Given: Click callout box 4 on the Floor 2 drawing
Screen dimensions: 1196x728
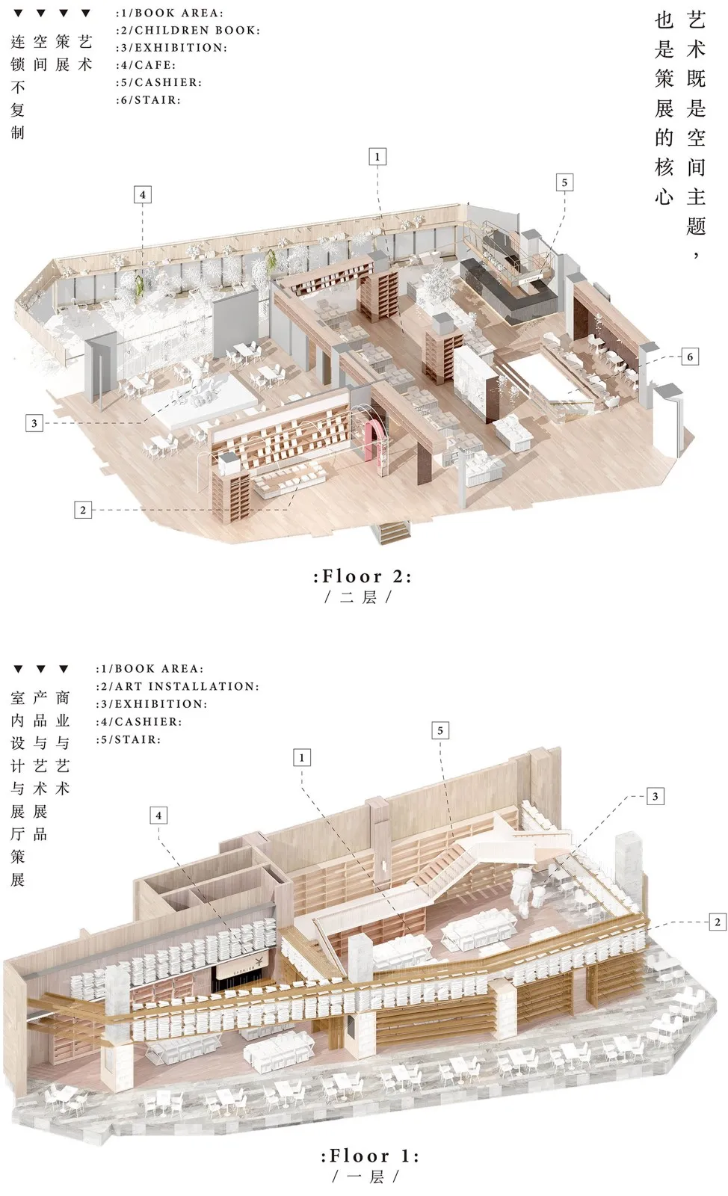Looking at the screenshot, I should [142, 195].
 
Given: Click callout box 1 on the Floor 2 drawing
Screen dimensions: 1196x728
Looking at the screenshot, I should [377, 157].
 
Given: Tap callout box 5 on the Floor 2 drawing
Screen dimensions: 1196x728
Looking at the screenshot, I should [564, 182].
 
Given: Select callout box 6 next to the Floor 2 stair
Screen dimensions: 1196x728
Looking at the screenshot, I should [690, 357].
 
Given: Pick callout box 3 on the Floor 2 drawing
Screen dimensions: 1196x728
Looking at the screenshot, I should [34, 423].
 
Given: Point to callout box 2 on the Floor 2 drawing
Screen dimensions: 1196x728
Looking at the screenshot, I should [83, 510].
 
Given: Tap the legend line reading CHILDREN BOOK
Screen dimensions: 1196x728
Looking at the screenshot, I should [188, 31].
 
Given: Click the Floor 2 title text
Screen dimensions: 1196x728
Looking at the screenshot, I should [363, 576].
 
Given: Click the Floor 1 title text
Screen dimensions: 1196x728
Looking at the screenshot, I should [370, 1156].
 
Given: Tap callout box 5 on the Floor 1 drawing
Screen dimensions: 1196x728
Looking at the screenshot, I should [440, 730].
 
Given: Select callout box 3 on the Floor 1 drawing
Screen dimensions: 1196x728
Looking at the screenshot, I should [655, 796].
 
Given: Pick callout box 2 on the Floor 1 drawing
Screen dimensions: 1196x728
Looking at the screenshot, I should [717, 922].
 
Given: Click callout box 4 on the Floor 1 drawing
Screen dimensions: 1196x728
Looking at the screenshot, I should [158, 816].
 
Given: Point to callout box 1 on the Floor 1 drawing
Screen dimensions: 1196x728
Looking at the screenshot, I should [302, 758].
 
